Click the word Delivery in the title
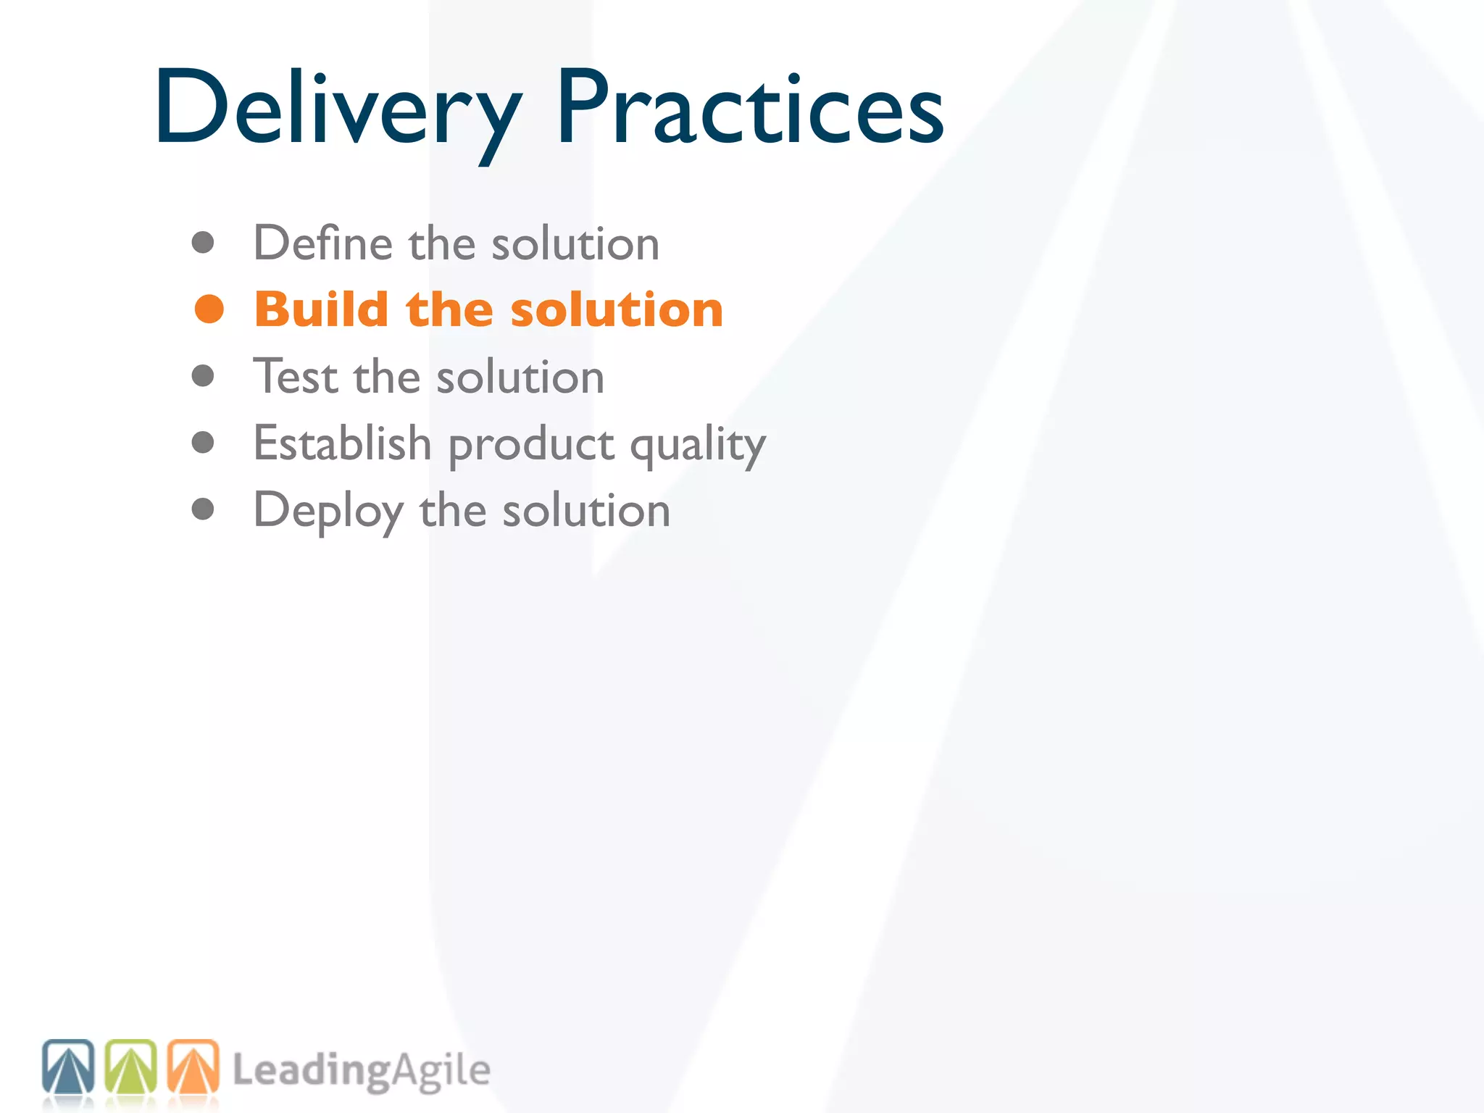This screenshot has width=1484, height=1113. pyautogui.click(x=337, y=109)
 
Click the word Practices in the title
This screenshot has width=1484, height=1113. pyautogui.click(x=750, y=109)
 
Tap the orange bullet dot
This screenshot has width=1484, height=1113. pyautogui.click(x=209, y=309)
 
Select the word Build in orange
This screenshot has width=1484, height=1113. pyautogui.click(x=322, y=309)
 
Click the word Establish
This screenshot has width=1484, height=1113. pyautogui.click(x=342, y=443)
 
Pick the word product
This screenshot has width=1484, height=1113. pyautogui.click(x=531, y=446)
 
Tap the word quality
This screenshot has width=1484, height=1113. pyautogui.click(x=697, y=446)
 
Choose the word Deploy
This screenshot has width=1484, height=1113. pyautogui.click(x=328, y=512)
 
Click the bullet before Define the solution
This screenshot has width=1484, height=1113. pyautogui.click(x=203, y=243)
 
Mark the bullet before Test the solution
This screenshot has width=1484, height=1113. pyautogui.click(x=203, y=376)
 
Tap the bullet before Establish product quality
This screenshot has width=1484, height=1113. pyautogui.click(x=203, y=443)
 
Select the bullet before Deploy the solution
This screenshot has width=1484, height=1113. pyautogui.click(x=203, y=509)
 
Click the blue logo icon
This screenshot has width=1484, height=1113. pyautogui.click(x=68, y=1067)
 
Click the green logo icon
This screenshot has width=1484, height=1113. pyautogui.click(x=131, y=1067)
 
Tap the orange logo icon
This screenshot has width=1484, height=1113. pyautogui.click(x=193, y=1067)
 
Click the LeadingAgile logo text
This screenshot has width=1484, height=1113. pyautogui.click(x=361, y=1071)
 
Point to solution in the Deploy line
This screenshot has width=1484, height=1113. pyautogui.click(x=586, y=510)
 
